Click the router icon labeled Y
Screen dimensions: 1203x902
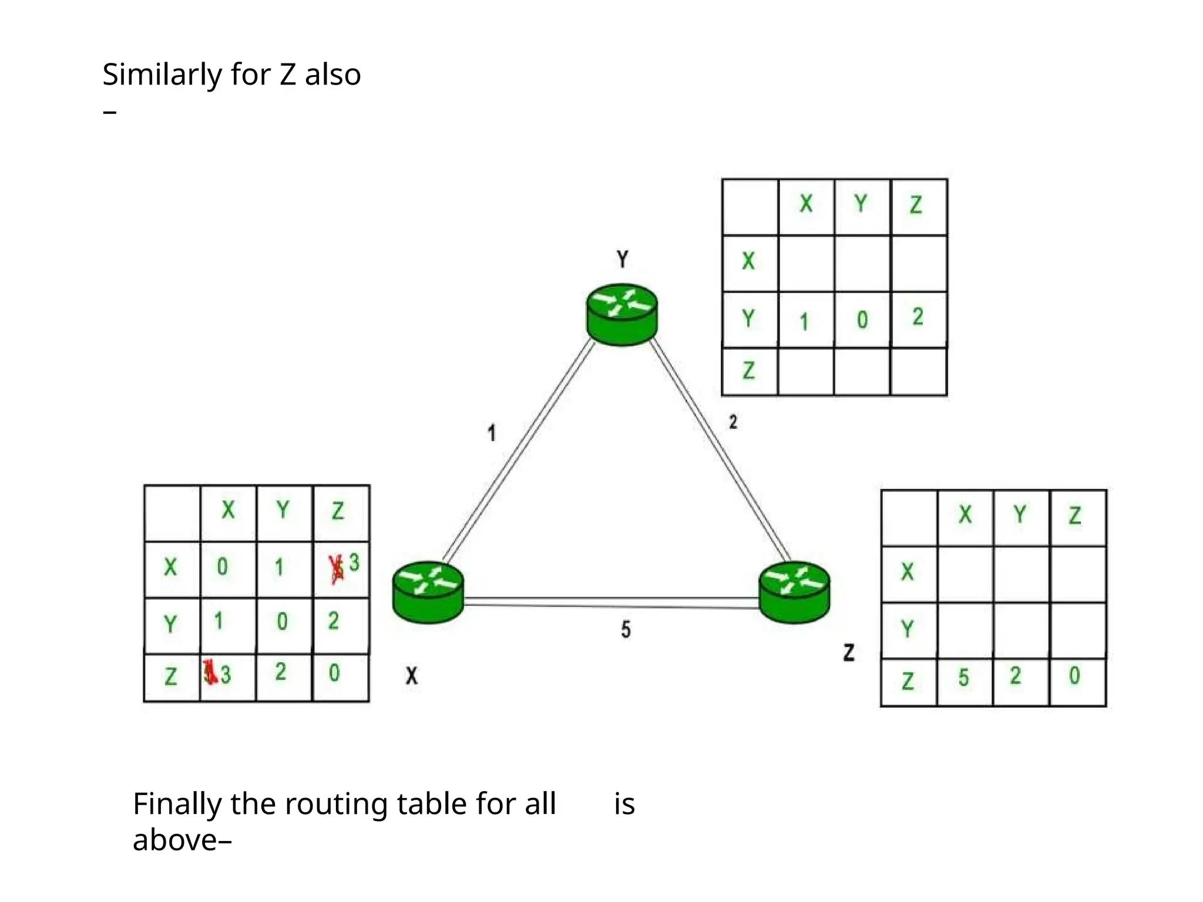tap(621, 314)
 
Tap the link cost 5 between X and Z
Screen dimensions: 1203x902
tap(626, 630)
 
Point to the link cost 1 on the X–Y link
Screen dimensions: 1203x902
tap(492, 433)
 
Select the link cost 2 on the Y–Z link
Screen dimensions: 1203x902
tap(732, 422)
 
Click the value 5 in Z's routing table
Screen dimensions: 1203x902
tap(963, 678)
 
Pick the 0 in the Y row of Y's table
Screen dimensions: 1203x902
tap(862, 320)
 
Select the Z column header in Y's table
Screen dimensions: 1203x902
tap(916, 205)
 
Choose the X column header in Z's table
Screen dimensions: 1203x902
tap(965, 515)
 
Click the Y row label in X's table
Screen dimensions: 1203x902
tap(170, 624)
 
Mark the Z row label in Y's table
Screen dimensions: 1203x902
tap(748, 371)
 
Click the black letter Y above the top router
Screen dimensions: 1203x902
tap(622, 259)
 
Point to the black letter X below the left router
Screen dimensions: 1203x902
tap(412, 676)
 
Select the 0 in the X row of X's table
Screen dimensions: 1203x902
tap(222, 567)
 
